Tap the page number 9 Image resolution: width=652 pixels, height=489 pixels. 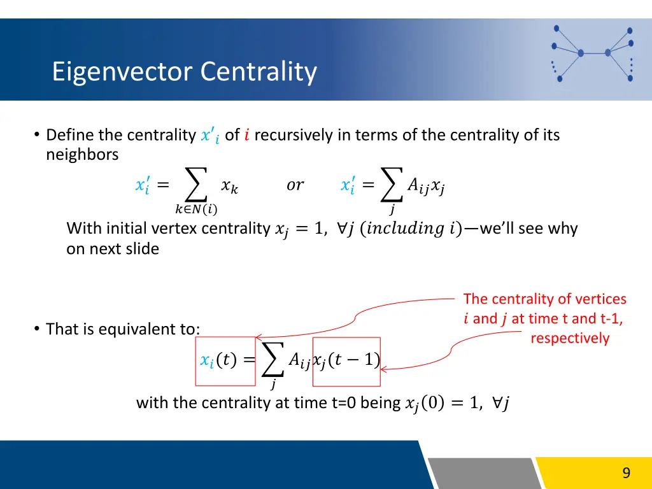click(626, 472)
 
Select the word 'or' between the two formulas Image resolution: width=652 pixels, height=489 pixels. click(295, 185)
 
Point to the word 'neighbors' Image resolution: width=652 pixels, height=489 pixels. click(82, 155)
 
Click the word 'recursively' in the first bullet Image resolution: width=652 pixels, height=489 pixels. click(293, 135)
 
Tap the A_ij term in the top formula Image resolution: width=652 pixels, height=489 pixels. click(418, 185)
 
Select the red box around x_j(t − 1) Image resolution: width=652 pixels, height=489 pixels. click(346, 361)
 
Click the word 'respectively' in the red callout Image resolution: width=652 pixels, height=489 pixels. click(570, 338)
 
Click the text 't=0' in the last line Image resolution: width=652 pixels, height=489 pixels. click(343, 403)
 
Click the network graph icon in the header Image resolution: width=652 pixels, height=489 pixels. click(592, 53)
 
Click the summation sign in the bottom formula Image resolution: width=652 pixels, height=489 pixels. click(273, 360)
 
